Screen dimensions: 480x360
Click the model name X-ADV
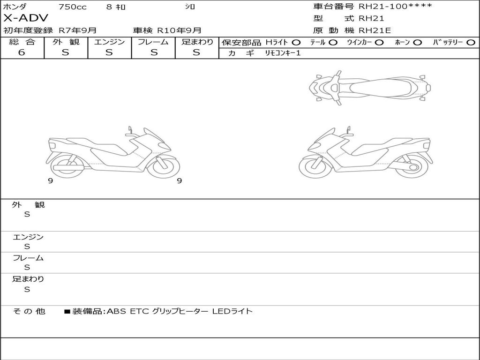coord(26,18)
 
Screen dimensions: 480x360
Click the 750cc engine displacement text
coord(73,7)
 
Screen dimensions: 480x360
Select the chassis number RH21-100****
coord(395,6)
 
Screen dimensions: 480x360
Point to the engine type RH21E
coord(375,30)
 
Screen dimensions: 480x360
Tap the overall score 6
coord(22,52)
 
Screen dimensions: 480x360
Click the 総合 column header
coord(22,42)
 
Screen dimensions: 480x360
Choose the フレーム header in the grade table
coord(153,42)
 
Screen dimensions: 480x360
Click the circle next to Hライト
coord(296,43)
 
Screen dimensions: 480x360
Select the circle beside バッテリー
coord(471,43)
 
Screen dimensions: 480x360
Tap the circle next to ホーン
coord(418,43)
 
